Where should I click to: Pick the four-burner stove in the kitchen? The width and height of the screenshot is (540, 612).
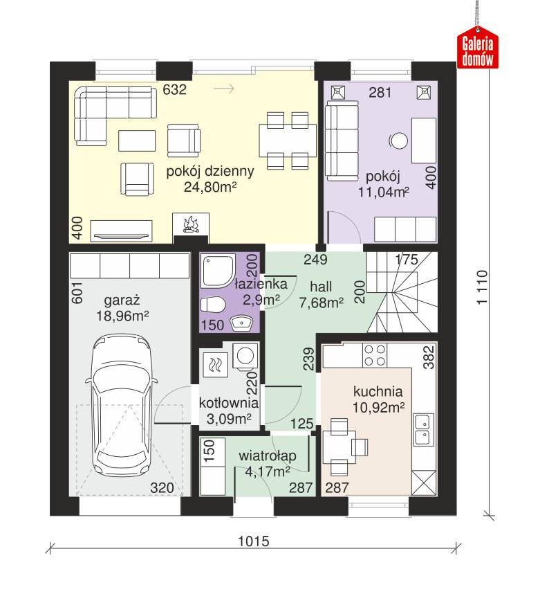tap(375, 355)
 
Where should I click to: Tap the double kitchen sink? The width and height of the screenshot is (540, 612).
tap(422, 429)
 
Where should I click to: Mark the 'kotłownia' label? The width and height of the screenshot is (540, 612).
tap(229, 403)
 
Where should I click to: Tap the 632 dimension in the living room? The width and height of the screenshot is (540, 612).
tap(174, 89)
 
